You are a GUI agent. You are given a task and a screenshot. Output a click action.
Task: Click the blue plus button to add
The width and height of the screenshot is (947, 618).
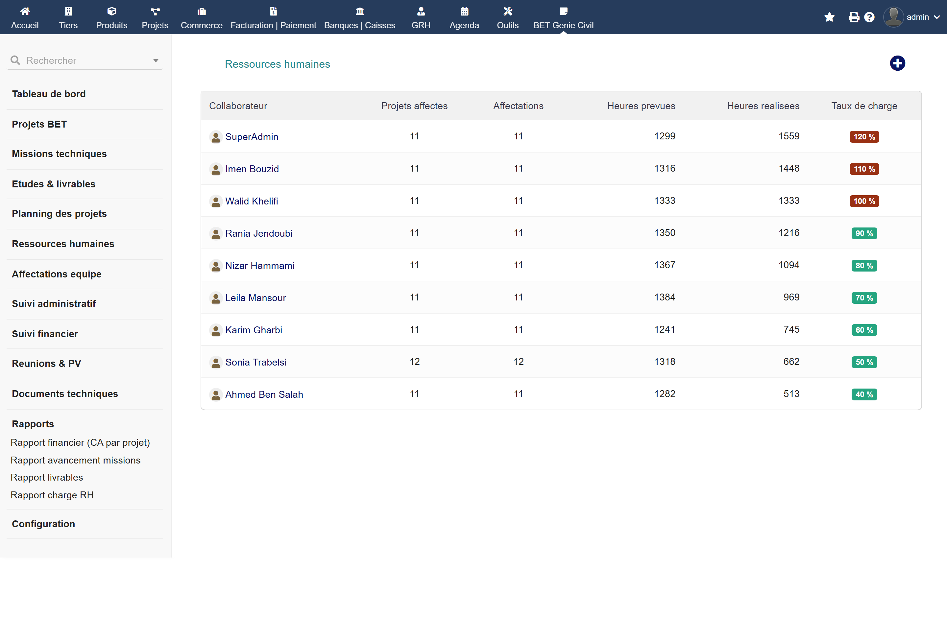(x=897, y=63)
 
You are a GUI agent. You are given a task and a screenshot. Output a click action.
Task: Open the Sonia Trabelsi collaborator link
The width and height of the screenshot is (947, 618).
(x=256, y=362)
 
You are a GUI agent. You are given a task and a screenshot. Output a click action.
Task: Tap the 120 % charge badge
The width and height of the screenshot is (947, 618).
(x=864, y=136)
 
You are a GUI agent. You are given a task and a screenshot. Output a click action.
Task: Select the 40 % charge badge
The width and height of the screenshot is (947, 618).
(x=864, y=394)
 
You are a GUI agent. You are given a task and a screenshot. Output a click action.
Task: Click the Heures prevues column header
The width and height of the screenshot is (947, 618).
(x=641, y=106)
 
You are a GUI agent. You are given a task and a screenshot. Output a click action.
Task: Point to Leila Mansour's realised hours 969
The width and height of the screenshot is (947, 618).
(x=791, y=297)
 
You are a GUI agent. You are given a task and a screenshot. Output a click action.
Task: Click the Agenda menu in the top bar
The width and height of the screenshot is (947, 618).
(x=464, y=17)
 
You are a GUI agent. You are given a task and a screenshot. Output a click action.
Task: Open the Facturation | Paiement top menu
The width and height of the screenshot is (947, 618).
(x=273, y=17)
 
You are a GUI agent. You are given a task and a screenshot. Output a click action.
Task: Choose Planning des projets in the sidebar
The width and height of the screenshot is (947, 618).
(x=59, y=214)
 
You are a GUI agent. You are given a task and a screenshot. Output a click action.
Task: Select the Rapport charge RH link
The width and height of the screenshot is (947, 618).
(x=52, y=495)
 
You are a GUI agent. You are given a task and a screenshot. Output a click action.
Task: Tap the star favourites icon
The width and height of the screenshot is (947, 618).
(x=830, y=17)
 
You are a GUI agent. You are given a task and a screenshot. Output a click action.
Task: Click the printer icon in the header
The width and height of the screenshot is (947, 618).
(x=854, y=17)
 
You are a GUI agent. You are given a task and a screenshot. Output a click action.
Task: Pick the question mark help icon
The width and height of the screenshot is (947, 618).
(x=869, y=17)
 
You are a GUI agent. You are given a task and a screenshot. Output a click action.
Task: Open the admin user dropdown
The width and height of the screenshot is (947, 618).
(x=911, y=17)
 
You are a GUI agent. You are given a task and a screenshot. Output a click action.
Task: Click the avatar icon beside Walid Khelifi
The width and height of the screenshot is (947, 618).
(x=216, y=201)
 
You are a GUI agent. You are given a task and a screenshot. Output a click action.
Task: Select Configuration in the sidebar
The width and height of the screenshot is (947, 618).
(x=43, y=524)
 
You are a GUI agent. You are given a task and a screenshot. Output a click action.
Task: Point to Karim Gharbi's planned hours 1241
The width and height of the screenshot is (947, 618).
(x=665, y=329)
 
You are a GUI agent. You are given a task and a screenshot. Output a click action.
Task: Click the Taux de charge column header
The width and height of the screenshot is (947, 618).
(x=864, y=106)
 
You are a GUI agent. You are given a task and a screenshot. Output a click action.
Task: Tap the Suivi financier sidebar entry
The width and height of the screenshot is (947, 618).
(x=45, y=334)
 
